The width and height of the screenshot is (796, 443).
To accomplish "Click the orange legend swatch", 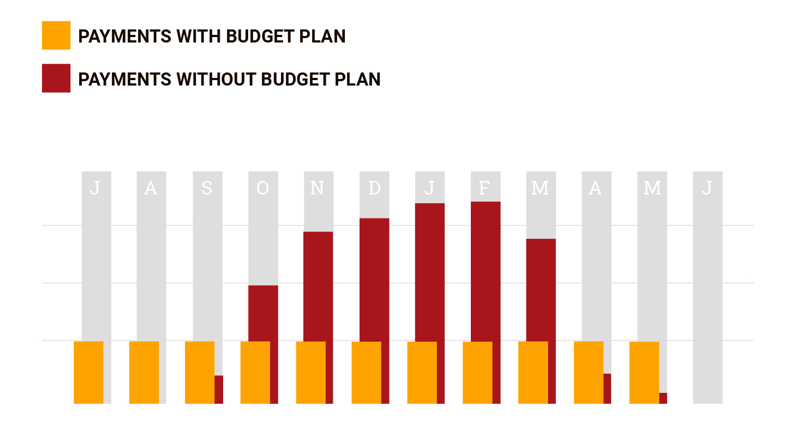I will (x=56, y=35).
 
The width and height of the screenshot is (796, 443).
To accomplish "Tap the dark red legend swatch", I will (x=56, y=78).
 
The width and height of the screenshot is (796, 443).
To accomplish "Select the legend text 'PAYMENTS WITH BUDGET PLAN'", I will (x=212, y=37).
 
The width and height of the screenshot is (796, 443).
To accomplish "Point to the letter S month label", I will (x=207, y=188).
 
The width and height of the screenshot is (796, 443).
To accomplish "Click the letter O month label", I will (x=262, y=188).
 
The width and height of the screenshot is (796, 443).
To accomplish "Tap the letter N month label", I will (x=317, y=188).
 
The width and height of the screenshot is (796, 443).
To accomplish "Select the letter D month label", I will (x=374, y=188).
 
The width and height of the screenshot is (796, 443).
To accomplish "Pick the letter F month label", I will (x=484, y=188).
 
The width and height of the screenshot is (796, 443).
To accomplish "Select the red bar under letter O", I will (x=264, y=313).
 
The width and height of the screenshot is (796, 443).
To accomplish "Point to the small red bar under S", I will (x=219, y=389).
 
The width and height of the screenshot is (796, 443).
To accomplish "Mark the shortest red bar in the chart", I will (x=663, y=398).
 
